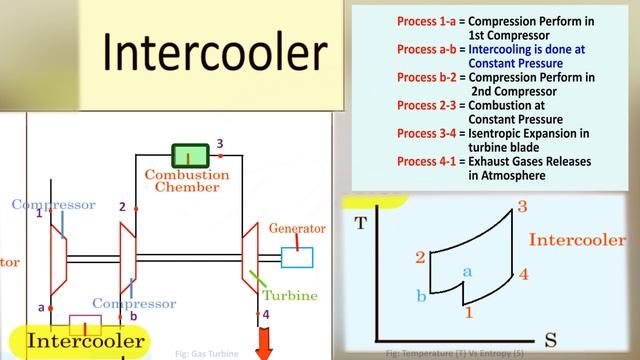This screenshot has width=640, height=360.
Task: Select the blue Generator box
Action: pyautogui.click(x=297, y=257)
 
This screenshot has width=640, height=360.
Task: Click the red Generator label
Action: pyautogui.click(x=298, y=228)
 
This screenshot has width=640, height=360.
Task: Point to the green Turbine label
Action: pyautogui.click(x=290, y=295)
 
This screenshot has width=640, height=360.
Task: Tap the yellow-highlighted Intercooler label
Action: pyautogui.click(x=84, y=341)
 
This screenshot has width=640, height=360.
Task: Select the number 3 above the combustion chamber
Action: pyautogui.click(x=219, y=143)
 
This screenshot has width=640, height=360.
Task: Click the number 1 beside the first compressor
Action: pyautogui.click(x=39, y=212)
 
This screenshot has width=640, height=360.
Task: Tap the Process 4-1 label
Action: pyautogui.click(x=426, y=160)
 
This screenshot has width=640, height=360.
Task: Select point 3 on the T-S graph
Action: pyautogui.click(x=521, y=208)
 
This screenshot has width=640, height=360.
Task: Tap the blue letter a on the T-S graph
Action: pyautogui.click(x=465, y=270)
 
